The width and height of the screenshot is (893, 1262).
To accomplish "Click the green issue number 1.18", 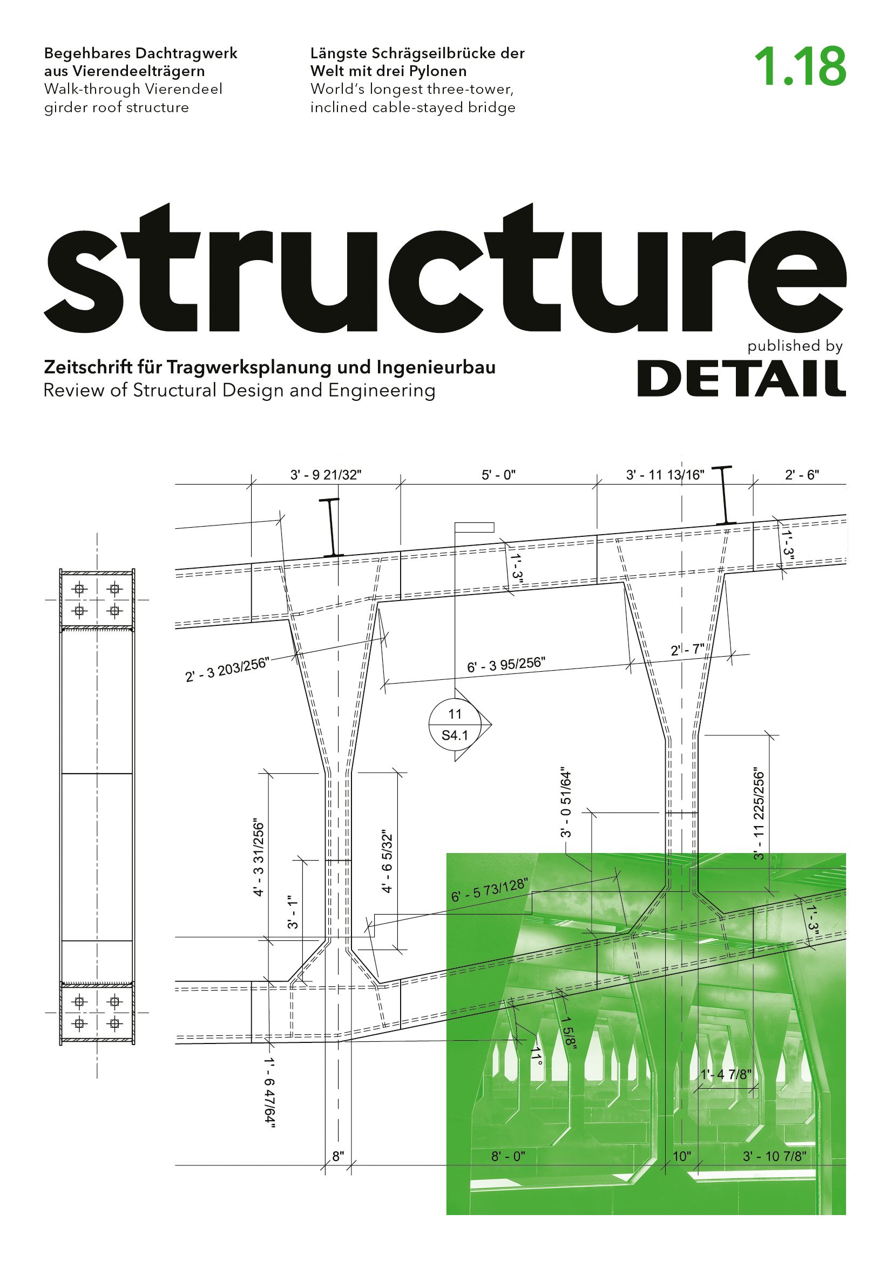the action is (800, 66).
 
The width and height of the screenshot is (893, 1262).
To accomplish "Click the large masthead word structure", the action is (445, 268).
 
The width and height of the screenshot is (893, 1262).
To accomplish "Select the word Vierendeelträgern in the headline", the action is (139, 71).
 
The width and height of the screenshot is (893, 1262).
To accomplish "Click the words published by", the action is (795, 346).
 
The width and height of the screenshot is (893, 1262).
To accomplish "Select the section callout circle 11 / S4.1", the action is (455, 725).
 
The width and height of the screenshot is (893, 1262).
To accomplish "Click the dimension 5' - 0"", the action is (498, 475).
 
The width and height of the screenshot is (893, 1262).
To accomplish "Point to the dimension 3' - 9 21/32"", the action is (326, 475).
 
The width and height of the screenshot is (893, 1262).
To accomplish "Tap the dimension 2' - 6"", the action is (802, 475).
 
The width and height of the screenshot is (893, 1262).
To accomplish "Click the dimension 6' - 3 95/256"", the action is (506, 665).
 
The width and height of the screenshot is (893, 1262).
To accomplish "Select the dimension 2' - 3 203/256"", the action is (226, 670).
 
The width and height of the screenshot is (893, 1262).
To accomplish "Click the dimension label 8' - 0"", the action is (508, 1156).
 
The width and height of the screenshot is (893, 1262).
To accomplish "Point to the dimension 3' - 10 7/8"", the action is (774, 1156).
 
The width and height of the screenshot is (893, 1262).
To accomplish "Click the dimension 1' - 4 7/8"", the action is (725, 1074).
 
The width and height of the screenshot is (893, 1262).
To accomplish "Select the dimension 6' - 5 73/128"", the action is (489, 890).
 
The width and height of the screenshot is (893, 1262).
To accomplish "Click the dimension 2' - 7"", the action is (687, 650).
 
